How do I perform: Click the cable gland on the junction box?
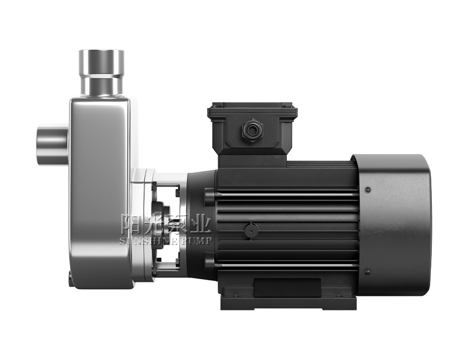pyautogui.click(x=252, y=130)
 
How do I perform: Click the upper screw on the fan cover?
pyautogui.click(x=368, y=190)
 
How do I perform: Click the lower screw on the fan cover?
pyautogui.click(x=368, y=272)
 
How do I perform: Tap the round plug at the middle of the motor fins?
pyautogui.click(x=250, y=230)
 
